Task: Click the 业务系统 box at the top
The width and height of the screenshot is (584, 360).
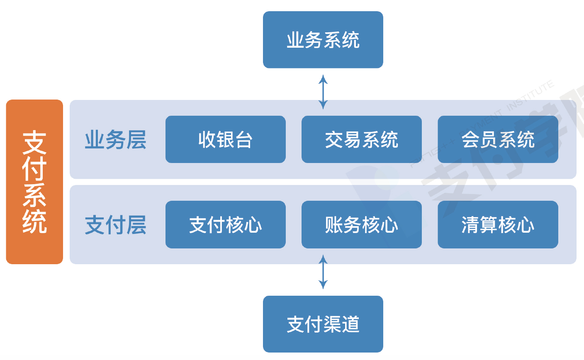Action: pos(323,40)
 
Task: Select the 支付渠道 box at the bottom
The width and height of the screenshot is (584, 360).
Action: pos(323,324)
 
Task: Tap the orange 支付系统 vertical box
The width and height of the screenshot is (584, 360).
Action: pos(34,182)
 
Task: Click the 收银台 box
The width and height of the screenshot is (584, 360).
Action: pos(225,139)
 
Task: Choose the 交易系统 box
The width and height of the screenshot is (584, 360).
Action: pos(361,139)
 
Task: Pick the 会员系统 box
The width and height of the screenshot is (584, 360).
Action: pos(498,139)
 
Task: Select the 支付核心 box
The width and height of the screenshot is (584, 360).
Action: pos(225,225)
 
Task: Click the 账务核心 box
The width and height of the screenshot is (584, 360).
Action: pos(361,225)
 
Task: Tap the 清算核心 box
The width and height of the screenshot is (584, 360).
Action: pos(498,225)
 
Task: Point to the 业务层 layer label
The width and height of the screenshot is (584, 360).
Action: pos(115,140)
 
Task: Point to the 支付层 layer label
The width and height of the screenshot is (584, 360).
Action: pos(115,225)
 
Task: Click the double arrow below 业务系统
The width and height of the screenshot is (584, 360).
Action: pos(323,92)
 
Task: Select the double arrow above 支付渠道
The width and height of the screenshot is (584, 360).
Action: pos(323,272)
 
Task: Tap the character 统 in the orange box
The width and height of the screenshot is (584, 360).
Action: pos(34,222)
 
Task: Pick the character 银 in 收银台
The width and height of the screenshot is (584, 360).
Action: pos(225,140)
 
